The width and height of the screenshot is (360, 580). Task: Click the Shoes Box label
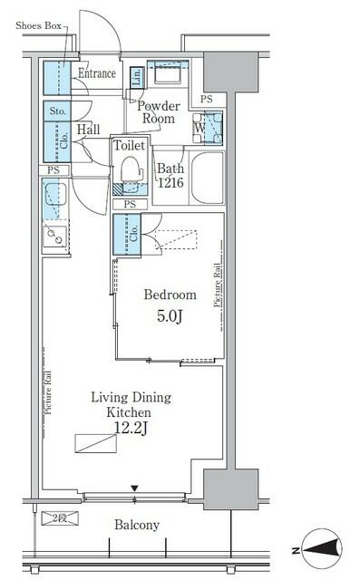pyautogui.click(x=37, y=25)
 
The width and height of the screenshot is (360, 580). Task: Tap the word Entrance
pyautogui.click(x=97, y=74)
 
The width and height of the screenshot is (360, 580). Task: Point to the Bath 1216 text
pyautogui.click(x=170, y=176)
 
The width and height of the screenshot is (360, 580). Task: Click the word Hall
pyautogui.click(x=88, y=130)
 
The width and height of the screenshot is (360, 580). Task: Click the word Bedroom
pyautogui.click(x=170, y=295)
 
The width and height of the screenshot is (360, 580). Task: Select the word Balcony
pyautogui.click(x=137, y=525)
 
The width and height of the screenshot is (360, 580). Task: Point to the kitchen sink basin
pyautogui.click(x=54, y=195)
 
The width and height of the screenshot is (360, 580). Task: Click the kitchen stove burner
pyautogui.click(x=53, y=237)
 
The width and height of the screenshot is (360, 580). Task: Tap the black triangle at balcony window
pyautogui.click(x=135, y=489)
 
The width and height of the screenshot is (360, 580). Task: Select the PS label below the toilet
pyautogui.click(x=131, y=205)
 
